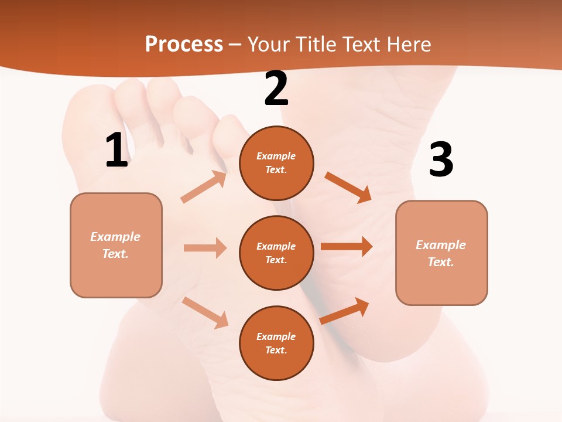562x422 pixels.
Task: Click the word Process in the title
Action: [x=184, y=45]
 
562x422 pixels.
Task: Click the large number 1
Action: [x=116, y=151]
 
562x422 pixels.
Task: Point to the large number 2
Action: [x=276, y=89]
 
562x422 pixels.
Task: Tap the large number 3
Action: [x=441, y=160]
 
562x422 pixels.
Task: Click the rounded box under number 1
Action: [x=116, y=245]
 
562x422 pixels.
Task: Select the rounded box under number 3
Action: [x=441, y=253]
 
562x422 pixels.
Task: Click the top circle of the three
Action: [x=276, y=163]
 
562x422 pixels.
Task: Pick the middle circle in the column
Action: [x=276, y=253]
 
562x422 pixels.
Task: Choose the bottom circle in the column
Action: [x=276, y=343]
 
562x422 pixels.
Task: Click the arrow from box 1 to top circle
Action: [x=204, y=187]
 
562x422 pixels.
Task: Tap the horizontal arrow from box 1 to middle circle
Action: [x=205, y=248]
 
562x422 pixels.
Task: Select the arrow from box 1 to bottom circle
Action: [x=205, y=312]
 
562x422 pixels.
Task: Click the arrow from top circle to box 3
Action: [x=348, y=187]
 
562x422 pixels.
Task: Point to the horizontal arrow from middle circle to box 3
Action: [x=346, y=247]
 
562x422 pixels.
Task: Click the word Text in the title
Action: [x=362, y=45]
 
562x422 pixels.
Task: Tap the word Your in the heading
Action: [x=267, y=45]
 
